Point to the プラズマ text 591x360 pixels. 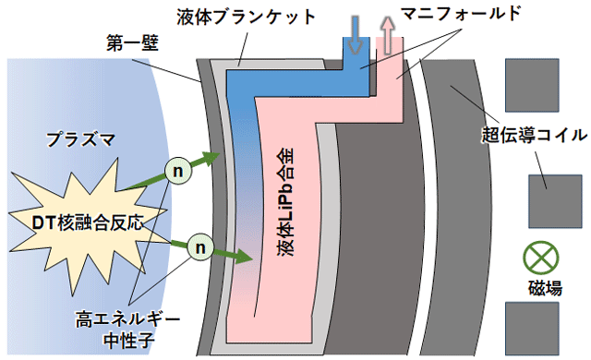click(x=80, y=139)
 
